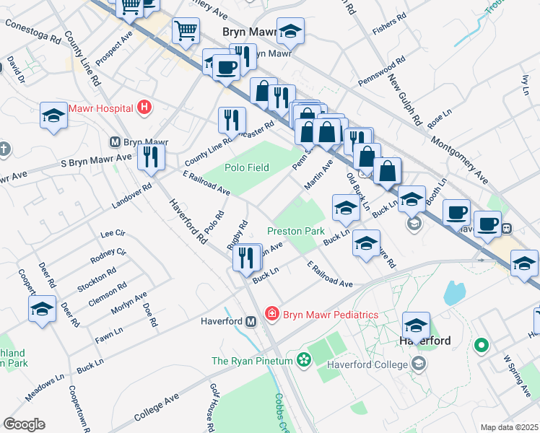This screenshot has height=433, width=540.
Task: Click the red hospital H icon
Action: [144, 108]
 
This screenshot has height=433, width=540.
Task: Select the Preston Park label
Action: [296, 231]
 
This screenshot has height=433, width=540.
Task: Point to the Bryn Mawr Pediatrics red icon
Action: [271, 314]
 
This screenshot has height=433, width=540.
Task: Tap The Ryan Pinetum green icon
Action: [303, 359]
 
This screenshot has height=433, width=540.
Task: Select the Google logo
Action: [24, 424]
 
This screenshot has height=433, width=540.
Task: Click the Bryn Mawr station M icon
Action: [113, 142]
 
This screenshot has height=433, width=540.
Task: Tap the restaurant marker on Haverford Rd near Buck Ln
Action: [248, 258]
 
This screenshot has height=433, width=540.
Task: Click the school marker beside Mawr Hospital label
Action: [53, 116]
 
